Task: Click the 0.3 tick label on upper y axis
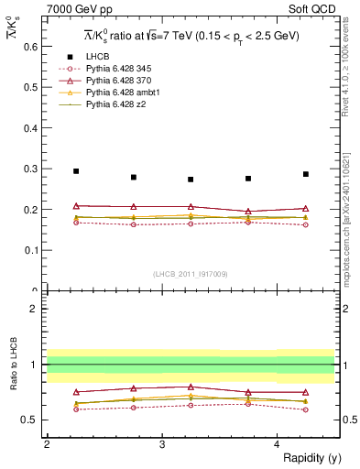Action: tap(28, 169)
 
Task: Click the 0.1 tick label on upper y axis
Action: tap(28, 250)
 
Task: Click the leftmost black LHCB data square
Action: tap(76, 171)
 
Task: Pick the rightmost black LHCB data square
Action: tap(306, 174)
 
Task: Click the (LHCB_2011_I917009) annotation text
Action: tap(190, 274)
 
